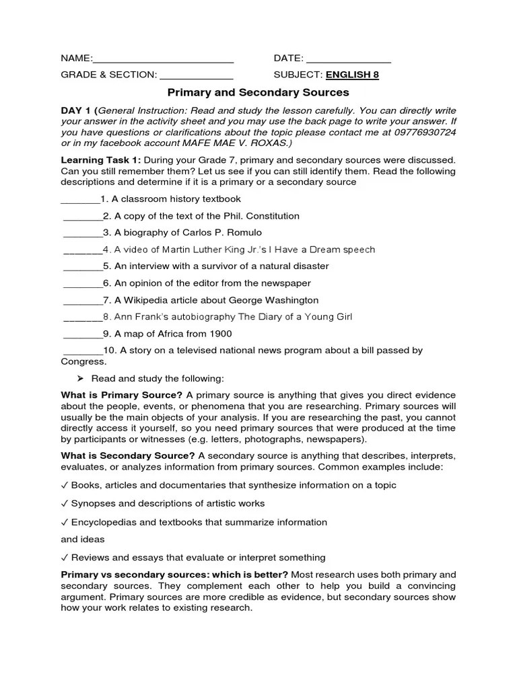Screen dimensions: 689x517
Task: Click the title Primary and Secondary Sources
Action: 258,92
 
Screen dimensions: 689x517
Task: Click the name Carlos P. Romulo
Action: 227,233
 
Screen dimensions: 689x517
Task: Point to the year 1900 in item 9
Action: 220,334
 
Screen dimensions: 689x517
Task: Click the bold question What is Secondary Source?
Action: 128,456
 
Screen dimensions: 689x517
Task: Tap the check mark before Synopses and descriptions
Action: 64,503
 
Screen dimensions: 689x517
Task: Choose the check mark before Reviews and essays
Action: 64,557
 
